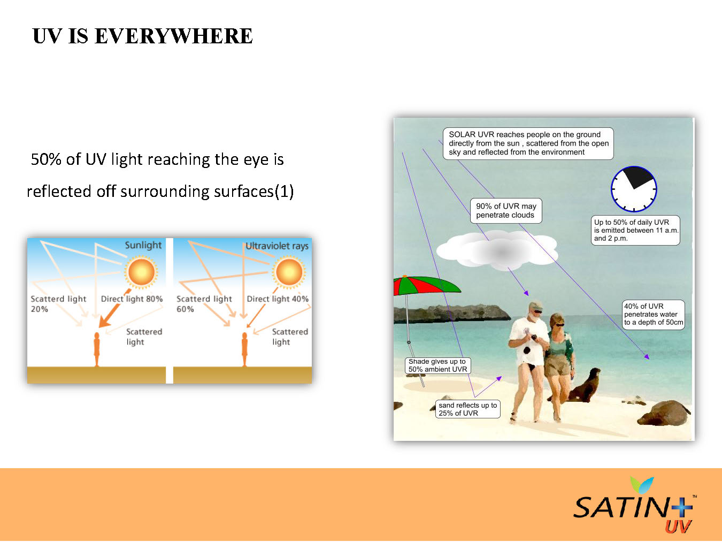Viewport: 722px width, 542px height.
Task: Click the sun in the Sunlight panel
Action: [x=141, y=271]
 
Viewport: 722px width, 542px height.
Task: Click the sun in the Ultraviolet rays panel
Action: [x=289, y=271]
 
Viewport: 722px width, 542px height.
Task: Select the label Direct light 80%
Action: [x=132, y=299]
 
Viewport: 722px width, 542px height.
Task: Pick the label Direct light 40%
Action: [x=278, y=299]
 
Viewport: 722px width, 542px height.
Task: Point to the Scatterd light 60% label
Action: [x=204, y=303]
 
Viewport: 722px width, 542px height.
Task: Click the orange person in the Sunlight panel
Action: [x=97, y=349]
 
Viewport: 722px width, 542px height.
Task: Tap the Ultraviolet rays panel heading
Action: [x=276, y=246]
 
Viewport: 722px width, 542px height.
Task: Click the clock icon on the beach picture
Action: [x=634, y=189]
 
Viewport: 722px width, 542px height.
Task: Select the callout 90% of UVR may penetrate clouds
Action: [x=506, y=211]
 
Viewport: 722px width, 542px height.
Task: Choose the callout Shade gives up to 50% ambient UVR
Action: [x=437, y=365]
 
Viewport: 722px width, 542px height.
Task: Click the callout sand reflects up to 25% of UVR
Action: [x=467, y=409]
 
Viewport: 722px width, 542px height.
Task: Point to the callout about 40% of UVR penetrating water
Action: [x=653, y=315]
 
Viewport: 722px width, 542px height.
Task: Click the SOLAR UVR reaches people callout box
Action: [x=528, y=143]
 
